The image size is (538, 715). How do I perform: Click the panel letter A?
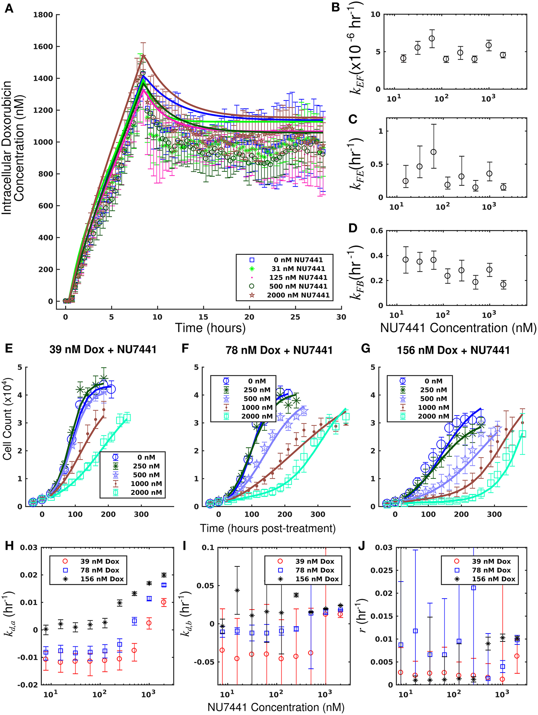coord(8,8)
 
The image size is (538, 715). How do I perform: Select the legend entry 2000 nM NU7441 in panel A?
coord(298,295)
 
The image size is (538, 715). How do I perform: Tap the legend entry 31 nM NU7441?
coord(298,269)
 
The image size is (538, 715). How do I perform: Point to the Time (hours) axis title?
coord(210,328)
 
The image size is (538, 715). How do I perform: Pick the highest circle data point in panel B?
coord(431,38)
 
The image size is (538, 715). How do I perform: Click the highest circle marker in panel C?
coord(433,152)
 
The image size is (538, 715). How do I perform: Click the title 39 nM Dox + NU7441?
coord(103,350)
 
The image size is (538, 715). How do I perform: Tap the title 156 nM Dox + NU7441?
coord(453,350)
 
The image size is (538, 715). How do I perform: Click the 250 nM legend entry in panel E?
coord(146,466)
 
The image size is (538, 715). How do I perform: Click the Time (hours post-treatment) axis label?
coord(268,528)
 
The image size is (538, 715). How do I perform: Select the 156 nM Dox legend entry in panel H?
coord(102,579)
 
